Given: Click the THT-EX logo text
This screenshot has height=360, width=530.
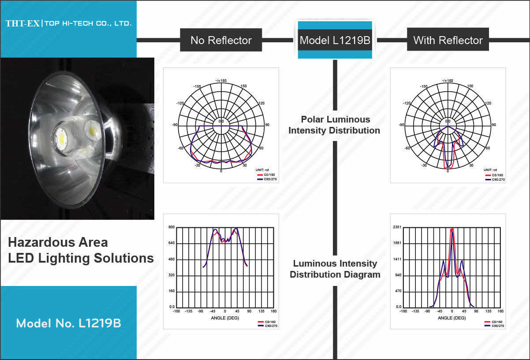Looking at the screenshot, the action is click(23, 23).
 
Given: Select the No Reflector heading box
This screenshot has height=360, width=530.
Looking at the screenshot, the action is click(221, 40).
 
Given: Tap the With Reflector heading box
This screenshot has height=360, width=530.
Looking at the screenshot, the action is click(448, 39).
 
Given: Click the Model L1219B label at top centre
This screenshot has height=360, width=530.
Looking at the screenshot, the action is click(335, 40).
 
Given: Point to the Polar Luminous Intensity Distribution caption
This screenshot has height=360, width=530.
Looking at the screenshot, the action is click(334, 125).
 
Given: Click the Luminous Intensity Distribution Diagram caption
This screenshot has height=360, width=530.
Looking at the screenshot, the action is click(335, 269).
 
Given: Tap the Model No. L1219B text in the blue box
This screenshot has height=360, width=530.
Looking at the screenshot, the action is click(68, 323).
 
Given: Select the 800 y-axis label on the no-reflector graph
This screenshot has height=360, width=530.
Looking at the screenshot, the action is click(172, 227).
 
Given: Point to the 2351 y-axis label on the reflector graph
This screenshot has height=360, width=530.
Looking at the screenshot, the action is click(397, 227).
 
